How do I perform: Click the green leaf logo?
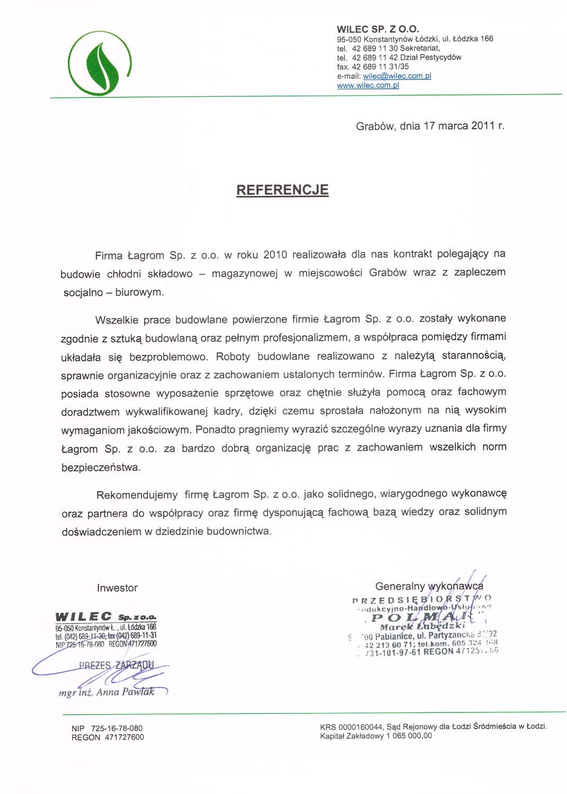(100, 64)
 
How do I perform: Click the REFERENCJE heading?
(282, 190)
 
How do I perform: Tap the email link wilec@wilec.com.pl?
(397, 76)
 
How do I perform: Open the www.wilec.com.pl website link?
(368, 85)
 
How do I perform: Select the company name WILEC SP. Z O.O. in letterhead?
(378, 30)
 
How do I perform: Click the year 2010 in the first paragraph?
(275, 255)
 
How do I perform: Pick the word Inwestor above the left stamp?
(117, 588)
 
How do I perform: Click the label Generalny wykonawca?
(429, 586)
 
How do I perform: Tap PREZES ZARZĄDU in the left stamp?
(117, 665)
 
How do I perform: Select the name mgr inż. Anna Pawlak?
(107, 692)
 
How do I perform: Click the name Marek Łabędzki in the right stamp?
(423, 627)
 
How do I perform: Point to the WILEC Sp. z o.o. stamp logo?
(105, 617)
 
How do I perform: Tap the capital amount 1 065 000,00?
(409, 736)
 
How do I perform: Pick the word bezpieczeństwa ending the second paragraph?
(101, 468)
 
